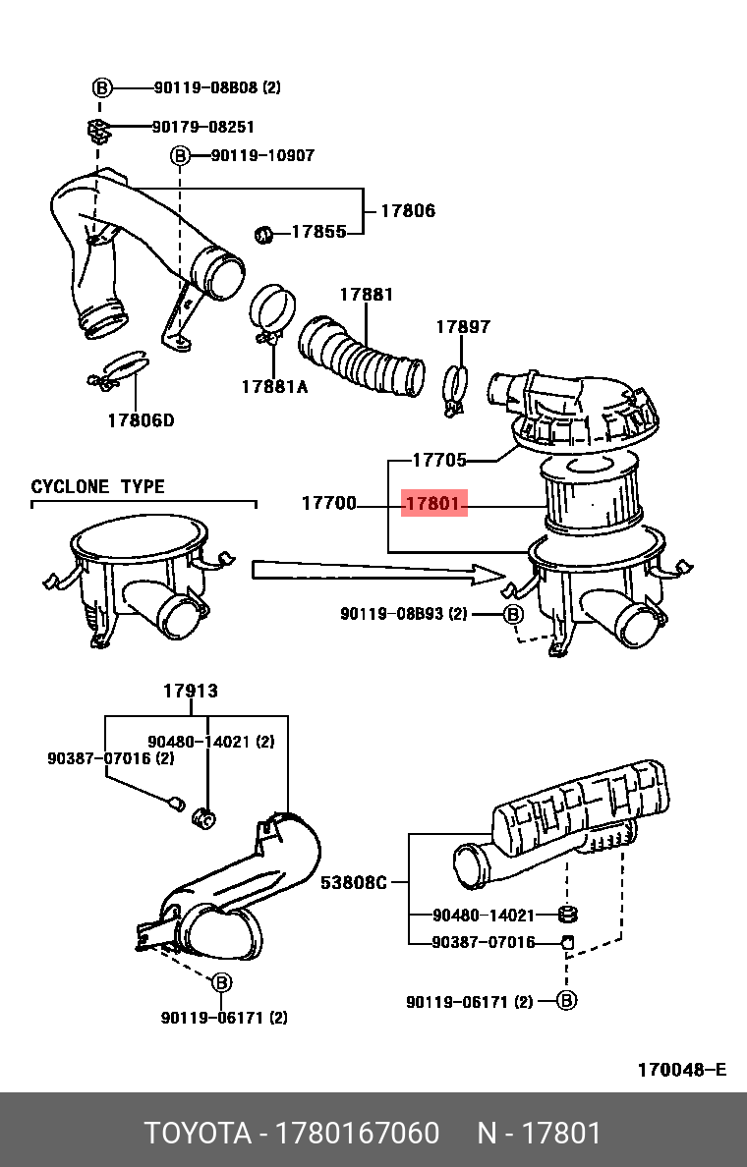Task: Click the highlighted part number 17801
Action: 432,504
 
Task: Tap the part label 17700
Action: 328,504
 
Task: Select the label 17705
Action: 438,459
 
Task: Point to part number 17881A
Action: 274,387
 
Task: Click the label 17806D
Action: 141,421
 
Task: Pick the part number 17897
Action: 463,327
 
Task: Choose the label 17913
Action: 191,692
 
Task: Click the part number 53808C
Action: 354,882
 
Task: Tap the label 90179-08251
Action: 203,127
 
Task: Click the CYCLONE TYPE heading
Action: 98,487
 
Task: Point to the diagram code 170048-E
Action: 681,1070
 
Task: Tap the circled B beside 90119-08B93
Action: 513,614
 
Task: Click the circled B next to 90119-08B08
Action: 103,87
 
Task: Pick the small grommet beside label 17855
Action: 264,234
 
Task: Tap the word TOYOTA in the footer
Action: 196,1133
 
